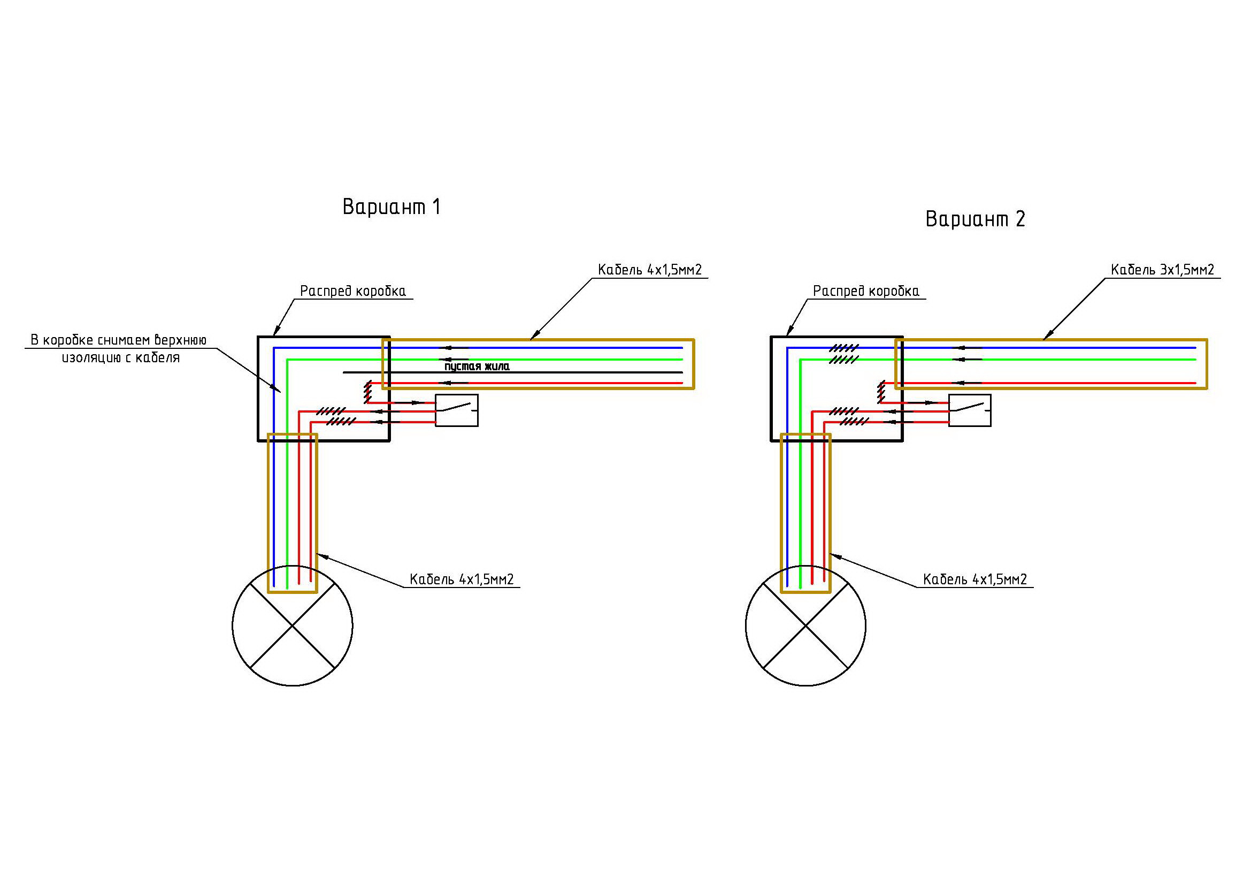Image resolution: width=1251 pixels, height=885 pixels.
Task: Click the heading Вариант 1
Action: tap(391, 207)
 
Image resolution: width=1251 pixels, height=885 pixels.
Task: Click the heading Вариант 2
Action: tap(976, 219)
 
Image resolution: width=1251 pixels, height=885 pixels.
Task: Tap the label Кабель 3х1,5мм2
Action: tap(1162, 270)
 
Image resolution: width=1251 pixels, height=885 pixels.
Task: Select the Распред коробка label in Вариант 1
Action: tap(353, 291)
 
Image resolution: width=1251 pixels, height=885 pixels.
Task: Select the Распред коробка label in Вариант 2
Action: tap(866, 291)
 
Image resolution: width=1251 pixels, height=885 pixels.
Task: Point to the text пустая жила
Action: tap(477, 366)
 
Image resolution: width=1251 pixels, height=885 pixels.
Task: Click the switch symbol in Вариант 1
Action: tap(457, 410)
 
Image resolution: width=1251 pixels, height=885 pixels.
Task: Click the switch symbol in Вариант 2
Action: tap(970, 410)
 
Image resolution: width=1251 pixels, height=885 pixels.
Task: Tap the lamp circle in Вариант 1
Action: tap(233, 625)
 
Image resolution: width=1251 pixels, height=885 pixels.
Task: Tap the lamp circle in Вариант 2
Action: tap(746, 625)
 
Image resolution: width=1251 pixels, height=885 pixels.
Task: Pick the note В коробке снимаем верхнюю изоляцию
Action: tap(119, 349)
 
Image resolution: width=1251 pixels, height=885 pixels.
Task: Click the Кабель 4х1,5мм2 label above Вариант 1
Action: tap(649, 270)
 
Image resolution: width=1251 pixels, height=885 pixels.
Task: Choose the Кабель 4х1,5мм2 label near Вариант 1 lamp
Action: tap(462, 579)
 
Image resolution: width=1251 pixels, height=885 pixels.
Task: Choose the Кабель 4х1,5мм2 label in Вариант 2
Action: tap(975, 579)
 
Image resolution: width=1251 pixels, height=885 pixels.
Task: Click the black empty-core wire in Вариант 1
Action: tap(512, 373)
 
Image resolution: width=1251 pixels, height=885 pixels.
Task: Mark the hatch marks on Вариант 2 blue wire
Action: tap(844, 348)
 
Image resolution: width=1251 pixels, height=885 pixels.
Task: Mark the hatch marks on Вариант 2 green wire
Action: tap(844, 360)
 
